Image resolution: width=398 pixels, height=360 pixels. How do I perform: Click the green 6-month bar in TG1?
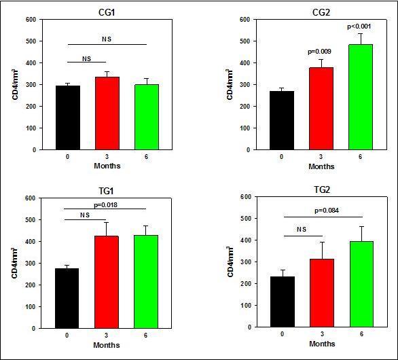pyautogui.click(x=144, y=282)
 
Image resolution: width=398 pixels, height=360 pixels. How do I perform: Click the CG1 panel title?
pyautogui.click(x=105, y=12)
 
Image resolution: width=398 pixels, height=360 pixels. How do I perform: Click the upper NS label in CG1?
pyautogui.click(x=105, y=39)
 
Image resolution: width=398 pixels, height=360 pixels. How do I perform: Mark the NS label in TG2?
pyautogui.click(x=301, y=230)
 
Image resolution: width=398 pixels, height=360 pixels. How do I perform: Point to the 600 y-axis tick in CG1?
pyautogui.click(x=31, y=19)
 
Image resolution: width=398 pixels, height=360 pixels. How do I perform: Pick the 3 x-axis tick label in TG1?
pyautogui.click(x=105, y=336)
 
